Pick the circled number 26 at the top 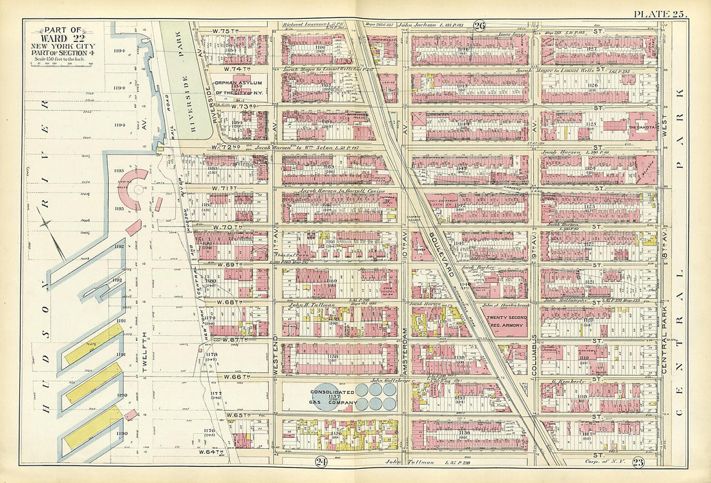point(479,25)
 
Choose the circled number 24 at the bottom point(321,461)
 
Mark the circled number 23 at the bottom point(637,461)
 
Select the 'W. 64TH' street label point(211,451)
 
